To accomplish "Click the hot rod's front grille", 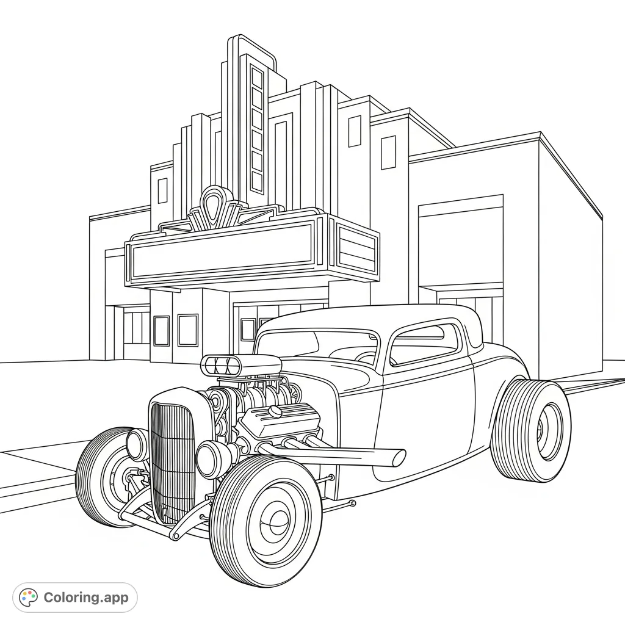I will point(173,458).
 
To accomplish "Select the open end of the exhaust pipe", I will point(398,457).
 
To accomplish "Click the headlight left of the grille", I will point(137,444).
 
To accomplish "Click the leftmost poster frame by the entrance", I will point(161,331).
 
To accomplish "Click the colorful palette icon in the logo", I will point(28,597).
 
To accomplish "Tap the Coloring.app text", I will point(85,598).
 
